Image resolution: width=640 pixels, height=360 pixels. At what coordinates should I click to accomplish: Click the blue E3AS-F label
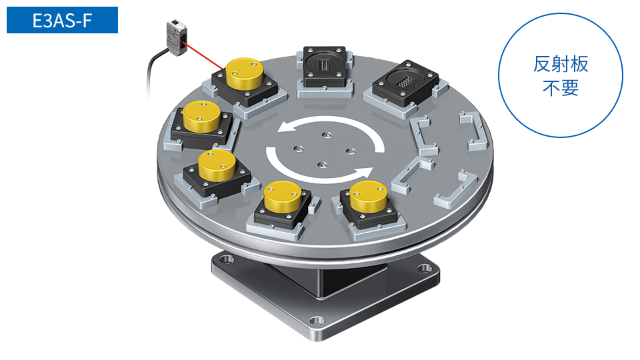point(62,20)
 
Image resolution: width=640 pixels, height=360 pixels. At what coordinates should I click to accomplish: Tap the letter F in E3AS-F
point(87,21)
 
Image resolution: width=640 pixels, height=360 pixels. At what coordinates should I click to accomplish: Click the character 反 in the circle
point(542,65)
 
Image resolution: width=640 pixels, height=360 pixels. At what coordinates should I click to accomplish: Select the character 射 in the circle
point(561,65)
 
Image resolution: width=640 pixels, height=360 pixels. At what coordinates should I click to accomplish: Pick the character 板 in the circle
point(579,65)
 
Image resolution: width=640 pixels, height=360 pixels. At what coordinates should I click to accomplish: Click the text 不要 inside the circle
point(561,88)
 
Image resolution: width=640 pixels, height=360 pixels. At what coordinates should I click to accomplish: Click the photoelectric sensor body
point(177,37)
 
